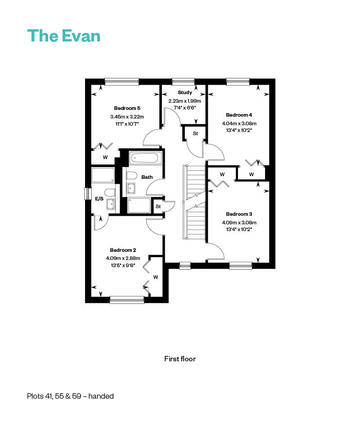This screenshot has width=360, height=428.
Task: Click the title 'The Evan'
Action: click(x=64, y=36)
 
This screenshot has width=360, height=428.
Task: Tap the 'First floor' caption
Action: click(x=180, y=359)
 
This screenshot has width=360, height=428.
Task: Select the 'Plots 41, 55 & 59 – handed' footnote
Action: click(x=70, y=396)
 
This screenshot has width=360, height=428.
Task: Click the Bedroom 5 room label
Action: click(x=127, y=108)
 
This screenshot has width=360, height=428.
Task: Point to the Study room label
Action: click(x=185, y=92)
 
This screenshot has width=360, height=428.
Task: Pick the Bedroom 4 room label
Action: click(x=239, y=115)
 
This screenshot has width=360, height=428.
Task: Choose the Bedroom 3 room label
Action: click(x=239, y=214)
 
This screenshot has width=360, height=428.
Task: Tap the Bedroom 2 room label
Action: click(x=123, y=250)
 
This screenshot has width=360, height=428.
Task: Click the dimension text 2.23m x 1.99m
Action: click(x=184, y=101)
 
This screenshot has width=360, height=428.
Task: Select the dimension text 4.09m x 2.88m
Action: click(x=123, y=258)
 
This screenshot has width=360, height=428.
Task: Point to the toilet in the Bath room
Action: click(x=131, y=176)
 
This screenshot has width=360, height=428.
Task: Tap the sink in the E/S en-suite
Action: click(x=111, y=204)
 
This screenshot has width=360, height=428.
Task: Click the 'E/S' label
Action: click(x=99, y=199)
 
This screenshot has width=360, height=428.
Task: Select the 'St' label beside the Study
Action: click(x=195, y=133)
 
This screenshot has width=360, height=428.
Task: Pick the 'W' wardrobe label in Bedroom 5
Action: click(x=105, y=157)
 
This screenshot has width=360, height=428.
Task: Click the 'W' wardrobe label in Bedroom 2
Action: click(x=155, y=277)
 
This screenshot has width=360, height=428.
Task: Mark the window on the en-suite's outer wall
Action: click(x=88, y=194)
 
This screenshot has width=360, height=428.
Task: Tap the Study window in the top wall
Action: click(x=183, y=81)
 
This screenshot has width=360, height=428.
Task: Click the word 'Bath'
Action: click(x=147, y=177)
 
